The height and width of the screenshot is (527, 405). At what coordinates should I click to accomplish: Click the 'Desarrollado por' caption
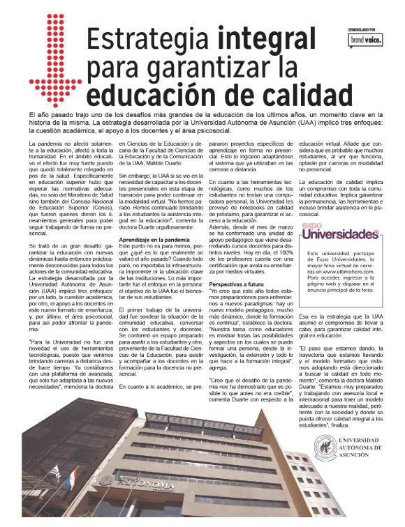coord(363,29)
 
